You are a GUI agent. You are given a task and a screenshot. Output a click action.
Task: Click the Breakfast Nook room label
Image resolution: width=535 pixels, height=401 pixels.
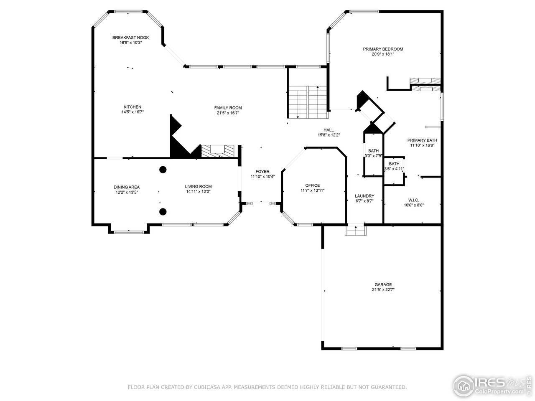[x=130, y=38]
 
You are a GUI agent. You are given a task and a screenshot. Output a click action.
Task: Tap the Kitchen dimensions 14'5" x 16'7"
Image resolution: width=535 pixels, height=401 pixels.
[x=132, y=112]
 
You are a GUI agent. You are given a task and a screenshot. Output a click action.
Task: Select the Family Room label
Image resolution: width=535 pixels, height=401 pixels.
[x=228, y=108]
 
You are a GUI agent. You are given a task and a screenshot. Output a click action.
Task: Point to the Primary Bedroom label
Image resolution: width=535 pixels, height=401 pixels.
[x=383, y=49]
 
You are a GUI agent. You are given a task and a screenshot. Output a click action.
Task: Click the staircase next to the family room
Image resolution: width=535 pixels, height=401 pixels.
[x=307, y=102]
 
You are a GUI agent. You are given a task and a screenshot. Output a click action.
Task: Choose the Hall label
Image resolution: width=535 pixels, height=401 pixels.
[x=329, y=130]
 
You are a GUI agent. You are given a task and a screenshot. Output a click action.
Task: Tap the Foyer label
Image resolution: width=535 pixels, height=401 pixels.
[x=262, y=172]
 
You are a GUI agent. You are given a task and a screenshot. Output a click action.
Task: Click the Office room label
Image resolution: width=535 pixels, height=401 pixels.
[x=312, y=185]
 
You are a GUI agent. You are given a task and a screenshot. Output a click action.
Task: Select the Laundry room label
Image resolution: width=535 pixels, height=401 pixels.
[x=364, y=196]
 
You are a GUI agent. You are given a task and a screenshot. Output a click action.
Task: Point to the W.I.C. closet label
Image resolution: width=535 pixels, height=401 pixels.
[x=414, y=200]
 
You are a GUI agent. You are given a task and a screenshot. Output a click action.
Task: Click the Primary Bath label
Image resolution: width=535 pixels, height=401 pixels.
[x=422, y=140]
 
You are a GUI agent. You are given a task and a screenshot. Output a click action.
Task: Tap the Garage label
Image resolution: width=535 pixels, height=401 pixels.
[x=383, y=284]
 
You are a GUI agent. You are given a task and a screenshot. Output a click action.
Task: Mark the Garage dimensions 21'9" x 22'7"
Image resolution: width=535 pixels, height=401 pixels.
[x=383, y=289]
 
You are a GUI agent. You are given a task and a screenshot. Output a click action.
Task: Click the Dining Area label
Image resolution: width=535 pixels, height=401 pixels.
[x=127, y=187]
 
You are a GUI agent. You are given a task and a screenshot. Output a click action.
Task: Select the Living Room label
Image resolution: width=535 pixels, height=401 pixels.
[x=199, y=187]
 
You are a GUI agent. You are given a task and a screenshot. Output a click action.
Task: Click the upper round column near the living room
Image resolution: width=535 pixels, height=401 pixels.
[x=163, y=170]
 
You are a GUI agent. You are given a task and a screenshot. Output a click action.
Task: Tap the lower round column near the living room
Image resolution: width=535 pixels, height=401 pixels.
[x=163, y=211]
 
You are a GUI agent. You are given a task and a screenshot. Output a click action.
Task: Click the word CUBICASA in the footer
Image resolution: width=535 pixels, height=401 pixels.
[x=207, y=387]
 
